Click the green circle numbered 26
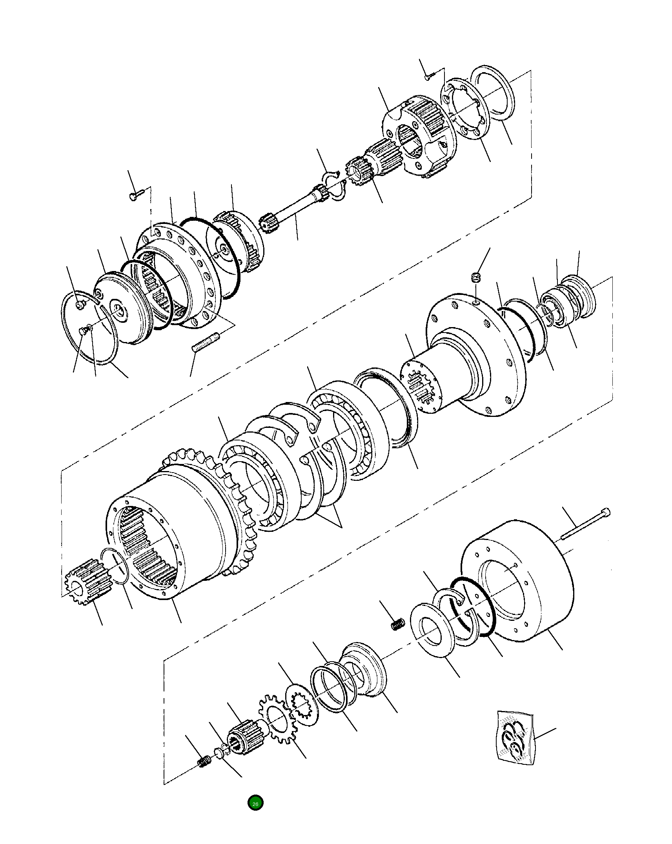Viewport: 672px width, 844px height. tap(255, 803)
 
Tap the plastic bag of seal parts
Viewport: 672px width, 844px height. tap(514, 738)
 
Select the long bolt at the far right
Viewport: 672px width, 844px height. tap(585, 523)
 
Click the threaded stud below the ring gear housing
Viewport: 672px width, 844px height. tap(206, 342)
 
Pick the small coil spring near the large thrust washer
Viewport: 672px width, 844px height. tap(398, 624)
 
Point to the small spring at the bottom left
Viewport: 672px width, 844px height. tap(204, 762)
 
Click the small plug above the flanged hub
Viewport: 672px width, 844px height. tap(475, 278)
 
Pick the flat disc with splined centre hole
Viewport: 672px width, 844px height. tap(302, 705)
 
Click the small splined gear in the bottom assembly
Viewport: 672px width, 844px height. tap(246, 736)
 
